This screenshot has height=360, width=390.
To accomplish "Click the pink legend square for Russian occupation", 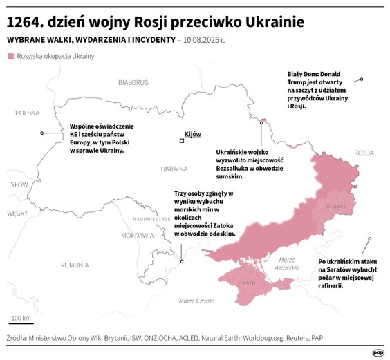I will [x=10, y=56].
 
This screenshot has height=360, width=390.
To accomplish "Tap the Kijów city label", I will [x=193, y=133].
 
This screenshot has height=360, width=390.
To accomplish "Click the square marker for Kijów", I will [x=182, y=141].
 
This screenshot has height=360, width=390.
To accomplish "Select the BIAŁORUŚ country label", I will [x=133, y=82].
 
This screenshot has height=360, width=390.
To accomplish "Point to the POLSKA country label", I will [x=28, y=113].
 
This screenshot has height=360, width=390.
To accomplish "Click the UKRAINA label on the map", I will [x=174, y=169].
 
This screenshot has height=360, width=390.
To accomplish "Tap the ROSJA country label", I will [x=363, y=153].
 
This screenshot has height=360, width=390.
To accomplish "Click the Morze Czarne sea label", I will [x=196, y=301].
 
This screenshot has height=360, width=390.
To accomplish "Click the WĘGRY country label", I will [x=16, y=214].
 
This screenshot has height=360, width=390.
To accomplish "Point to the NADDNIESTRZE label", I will [x=151, y=219].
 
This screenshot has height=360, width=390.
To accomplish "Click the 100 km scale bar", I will [x=21, y=322].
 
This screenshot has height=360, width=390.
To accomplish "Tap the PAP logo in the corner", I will [x=378, y=352].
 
